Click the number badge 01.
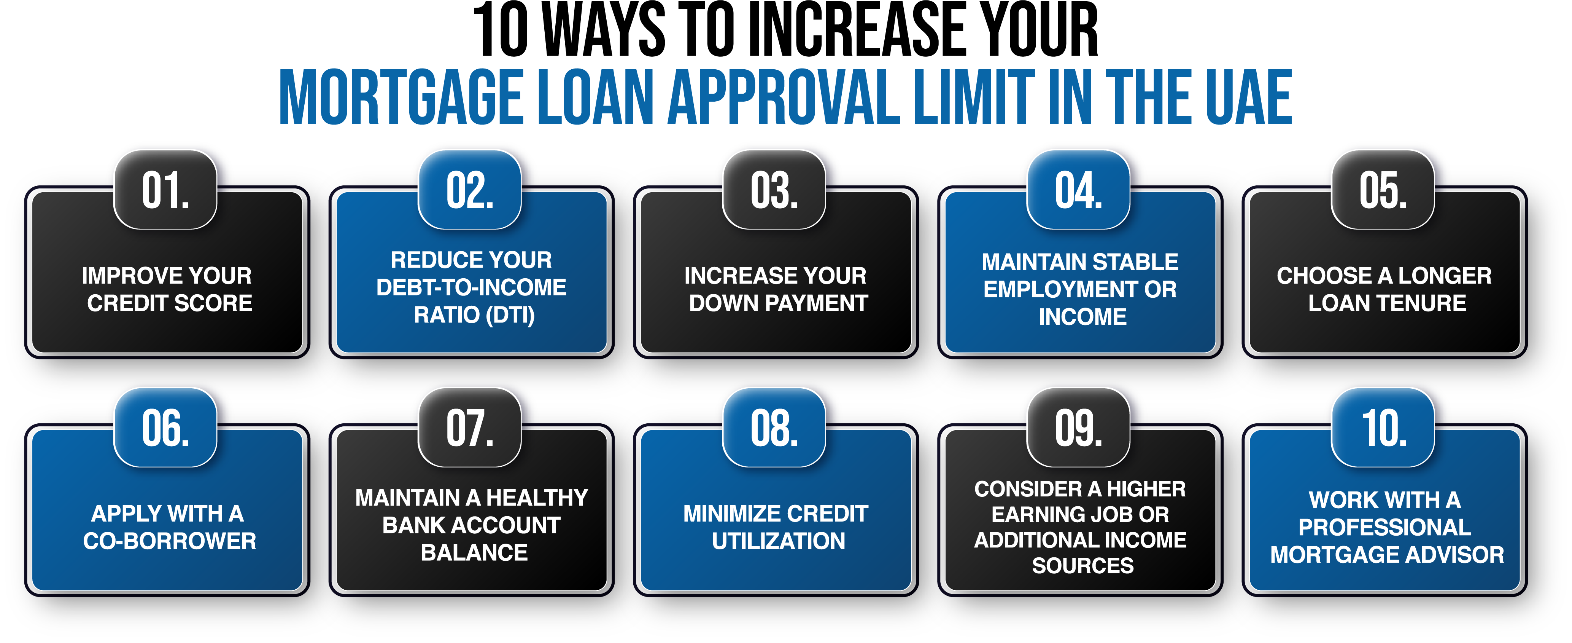[165, 190]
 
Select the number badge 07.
[469, 428]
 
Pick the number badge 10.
[1383, 428]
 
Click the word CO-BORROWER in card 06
[170, 541]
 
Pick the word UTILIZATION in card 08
[779, 541]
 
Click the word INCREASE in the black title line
[861, 30]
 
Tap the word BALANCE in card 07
[474, 553]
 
